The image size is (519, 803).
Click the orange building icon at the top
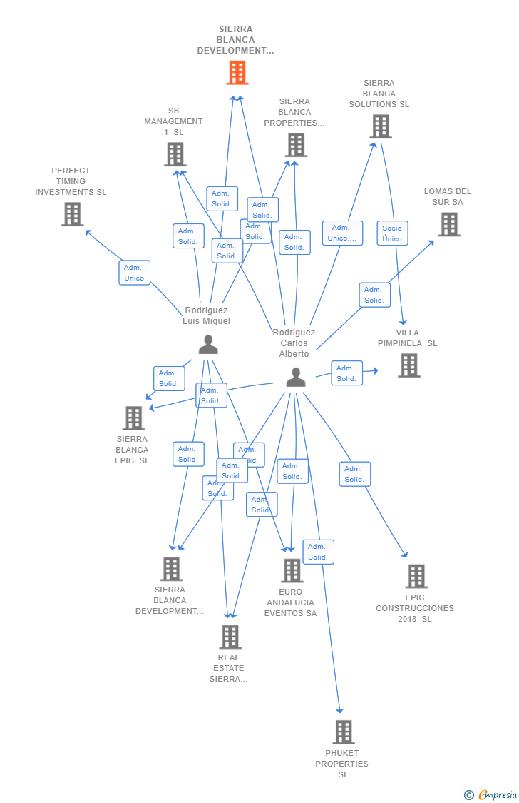pyautogui.click(x=237, y=73)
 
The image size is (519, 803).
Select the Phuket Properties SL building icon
pyautogui.click(x=344, y=732)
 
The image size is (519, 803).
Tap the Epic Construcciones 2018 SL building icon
pyautogui.click(x=416, y=576)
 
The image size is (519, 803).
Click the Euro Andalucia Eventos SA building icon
pyautogui.click(x=292, y=570)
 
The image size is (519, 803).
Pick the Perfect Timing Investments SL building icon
pyautogui.click(x=72, y=214)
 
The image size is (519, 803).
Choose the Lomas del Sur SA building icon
pyautogui.click(x=448, y=224)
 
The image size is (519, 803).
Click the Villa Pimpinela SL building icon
pyautogui.click(x=408, y=365)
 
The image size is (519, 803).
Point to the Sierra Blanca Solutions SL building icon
pyautogui.click(x=380, y=126)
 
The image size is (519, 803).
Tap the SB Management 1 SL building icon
pyautogui.click(x=175, y=154)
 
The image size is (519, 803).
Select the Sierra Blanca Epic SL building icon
pyautogui.click(x=133, y=418)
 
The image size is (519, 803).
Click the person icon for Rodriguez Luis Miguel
pyautogui.click(x=207, y=345)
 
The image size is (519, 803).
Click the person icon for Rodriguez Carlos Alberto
pyautogui.click(x=295, y=377)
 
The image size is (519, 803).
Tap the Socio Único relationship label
pyautogui.click(x=392, y=233)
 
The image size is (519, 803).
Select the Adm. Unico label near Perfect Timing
pyautogui.click(x=134, y=273)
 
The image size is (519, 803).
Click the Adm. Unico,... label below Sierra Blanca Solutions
pyautogui.click(x=342, y=233)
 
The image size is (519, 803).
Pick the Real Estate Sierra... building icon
pyautogui.click(x=230, y=637)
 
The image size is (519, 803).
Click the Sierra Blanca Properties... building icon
pyautogui.click(x=295, y=145)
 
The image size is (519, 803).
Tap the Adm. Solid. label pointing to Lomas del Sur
pyautogui.click(x=374, y=295)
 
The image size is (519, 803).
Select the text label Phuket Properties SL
pyautogui.click(x=342, y=764)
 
